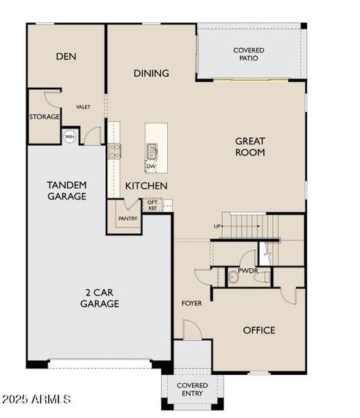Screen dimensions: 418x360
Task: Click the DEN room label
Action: coord(66,56)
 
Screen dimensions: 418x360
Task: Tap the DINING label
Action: coord(151,73)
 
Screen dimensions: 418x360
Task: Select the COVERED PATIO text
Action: coord(249,54)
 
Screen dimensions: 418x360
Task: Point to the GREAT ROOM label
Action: coord(250,146)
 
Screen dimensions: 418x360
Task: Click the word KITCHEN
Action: coord(146,186)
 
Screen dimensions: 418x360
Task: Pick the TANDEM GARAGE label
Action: coord(67,190)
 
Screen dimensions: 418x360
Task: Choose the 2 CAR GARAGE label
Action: coord(100,298)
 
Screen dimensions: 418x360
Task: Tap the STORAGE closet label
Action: coord(45,117)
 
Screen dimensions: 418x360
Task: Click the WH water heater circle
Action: coord(70,137)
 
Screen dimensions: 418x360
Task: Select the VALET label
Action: coord(84,107)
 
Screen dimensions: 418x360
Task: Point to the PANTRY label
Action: coord(128,219)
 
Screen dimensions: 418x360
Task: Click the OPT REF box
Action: coord(152,206)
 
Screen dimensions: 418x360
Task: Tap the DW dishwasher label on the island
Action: coord(151,166)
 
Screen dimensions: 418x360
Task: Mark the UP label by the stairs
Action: coord(217,227)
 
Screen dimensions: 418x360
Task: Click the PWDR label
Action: coord(248,270)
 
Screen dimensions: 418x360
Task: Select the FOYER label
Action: coord(191,303)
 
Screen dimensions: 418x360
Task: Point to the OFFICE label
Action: coord(259,330)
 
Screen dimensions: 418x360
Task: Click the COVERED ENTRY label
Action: coord(192,389)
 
